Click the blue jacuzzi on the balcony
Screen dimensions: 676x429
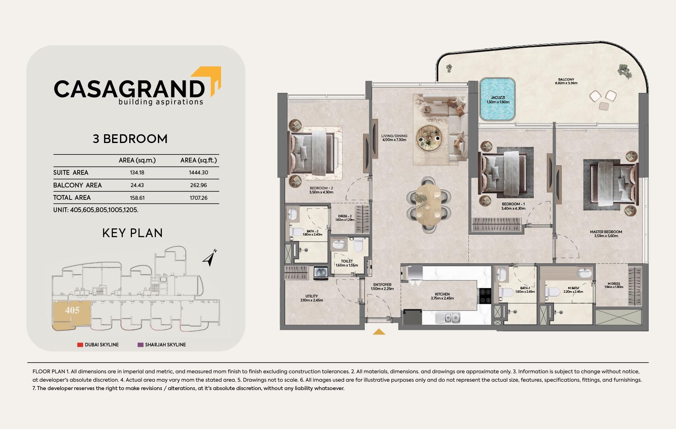pos(497,99)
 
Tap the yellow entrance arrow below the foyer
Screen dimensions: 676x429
pos(379,332)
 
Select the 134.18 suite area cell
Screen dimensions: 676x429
pos(137,173)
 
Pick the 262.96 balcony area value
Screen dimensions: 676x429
pos(198,185)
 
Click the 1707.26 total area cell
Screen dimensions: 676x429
pos(198,198)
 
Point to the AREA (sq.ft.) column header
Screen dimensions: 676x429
pos(198,160)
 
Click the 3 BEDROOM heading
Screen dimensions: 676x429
pos(130,139)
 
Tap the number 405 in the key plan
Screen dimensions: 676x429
pos(72,310)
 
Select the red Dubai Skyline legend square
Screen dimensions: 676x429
pos(80,344)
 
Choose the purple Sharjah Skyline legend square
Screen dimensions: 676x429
pos(140,344)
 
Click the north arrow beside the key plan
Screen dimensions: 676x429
pos(210,258)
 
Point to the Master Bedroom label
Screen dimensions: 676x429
pos(606,234)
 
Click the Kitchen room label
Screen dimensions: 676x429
pos(442,296)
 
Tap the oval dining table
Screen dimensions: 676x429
pos(428,205)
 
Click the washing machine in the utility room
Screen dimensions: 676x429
pos(321,273)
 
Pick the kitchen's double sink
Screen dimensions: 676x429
pos(448,317)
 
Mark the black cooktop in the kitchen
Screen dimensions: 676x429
pos(485,296)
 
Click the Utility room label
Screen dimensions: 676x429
pos(311,298)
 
